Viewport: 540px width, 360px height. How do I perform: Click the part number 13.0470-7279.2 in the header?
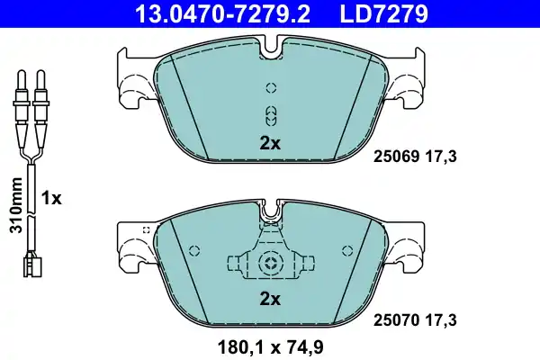coord(223,13)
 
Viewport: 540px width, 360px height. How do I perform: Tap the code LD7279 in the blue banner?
coord(384,13)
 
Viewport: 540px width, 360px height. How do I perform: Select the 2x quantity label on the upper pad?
coord(270,143)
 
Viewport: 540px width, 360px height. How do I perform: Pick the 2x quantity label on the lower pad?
coord(270,300)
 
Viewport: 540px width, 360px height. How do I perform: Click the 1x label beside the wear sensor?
coord(51,198)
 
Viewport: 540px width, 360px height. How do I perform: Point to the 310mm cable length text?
coord(16,205)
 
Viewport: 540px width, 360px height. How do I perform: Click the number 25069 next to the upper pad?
coord(396,157)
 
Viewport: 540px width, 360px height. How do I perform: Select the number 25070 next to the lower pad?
coord(396,320)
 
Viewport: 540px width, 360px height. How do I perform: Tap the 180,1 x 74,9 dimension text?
coord(270,347)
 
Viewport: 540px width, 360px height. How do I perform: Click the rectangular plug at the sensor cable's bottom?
coord(32,267)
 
